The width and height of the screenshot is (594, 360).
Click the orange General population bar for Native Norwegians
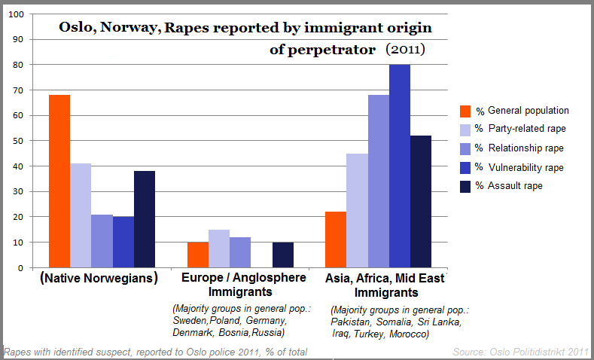59,181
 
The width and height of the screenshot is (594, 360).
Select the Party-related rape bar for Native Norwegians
81,215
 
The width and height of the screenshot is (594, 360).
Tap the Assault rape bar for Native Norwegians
144,219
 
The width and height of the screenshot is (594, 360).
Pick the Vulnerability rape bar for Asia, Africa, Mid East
399,166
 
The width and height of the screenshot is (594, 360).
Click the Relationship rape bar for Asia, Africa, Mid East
378,181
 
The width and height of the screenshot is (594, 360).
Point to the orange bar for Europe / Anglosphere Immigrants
197,255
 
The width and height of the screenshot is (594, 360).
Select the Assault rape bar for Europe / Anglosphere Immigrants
283,255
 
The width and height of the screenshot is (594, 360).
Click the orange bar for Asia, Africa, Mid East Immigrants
335,239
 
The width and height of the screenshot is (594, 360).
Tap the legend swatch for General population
465,111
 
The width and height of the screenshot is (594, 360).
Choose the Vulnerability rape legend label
525,167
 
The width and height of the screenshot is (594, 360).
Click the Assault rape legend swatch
465,185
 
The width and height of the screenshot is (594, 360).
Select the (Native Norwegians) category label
98,278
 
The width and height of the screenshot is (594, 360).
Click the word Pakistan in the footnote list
350,322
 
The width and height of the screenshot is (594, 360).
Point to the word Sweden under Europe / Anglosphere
189,322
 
